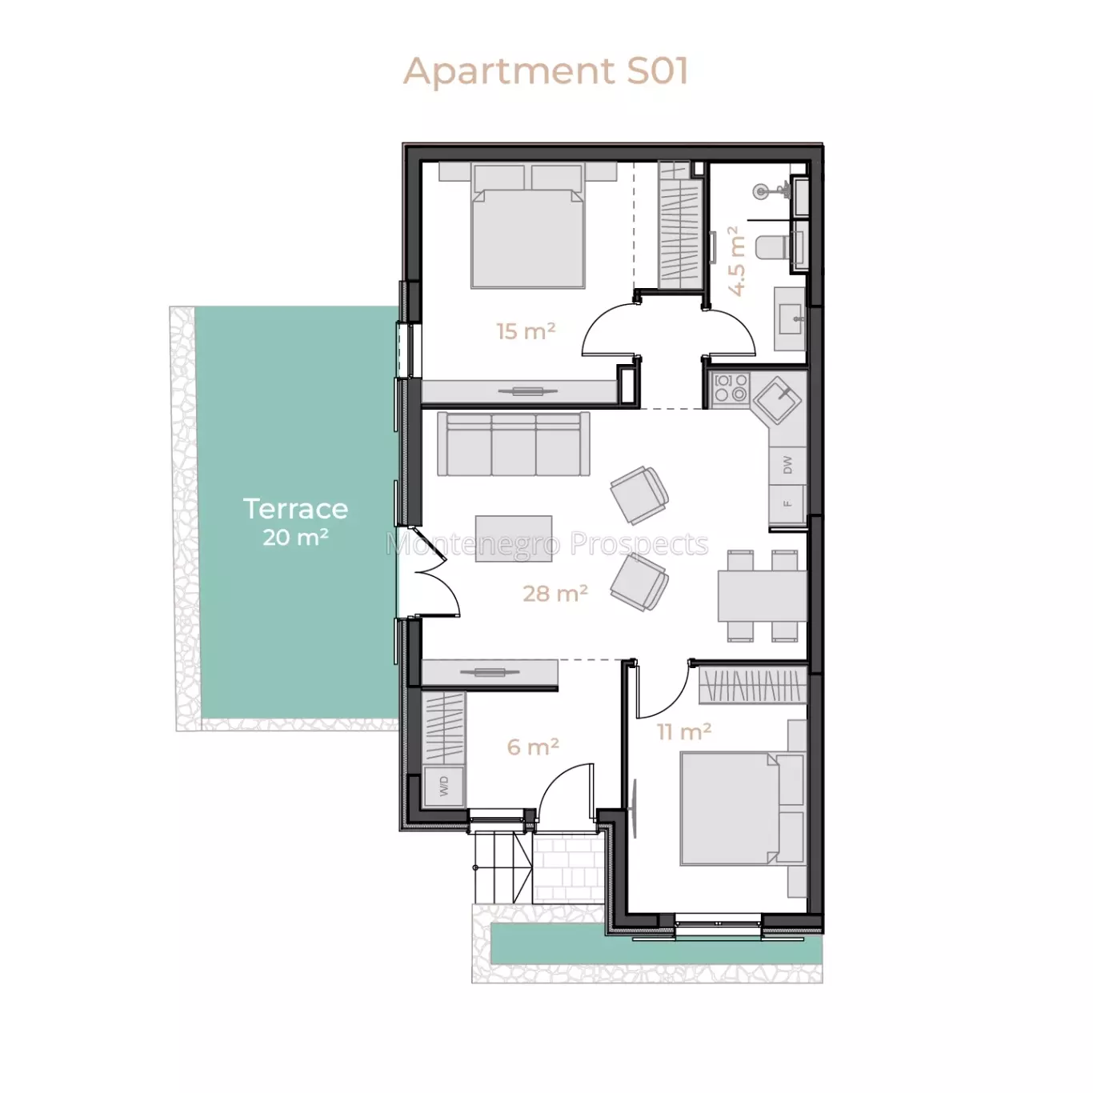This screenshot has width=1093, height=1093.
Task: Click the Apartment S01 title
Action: click(x=546, y=71)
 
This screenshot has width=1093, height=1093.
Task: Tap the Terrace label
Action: click(x=295, y=509)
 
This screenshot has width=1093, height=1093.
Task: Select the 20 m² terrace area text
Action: click(x=295, y=537)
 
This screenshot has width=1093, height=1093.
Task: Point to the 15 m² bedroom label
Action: click(x=526, y=330)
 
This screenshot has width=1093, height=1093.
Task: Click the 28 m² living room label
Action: click(x=555, y=593)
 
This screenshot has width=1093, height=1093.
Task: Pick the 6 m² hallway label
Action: click(x=533, y=747)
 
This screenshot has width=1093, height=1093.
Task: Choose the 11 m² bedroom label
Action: click(x=684, y=731)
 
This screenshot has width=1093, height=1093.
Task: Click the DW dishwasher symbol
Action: click(x=787, y=465)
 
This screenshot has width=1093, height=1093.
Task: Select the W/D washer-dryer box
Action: click(x=444, y=786)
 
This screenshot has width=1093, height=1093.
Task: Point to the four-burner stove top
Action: click(x=731, y=388)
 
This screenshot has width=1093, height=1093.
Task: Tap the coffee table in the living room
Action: click(x=514, y=538)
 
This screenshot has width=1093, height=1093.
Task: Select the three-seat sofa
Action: click(x=514, y=444)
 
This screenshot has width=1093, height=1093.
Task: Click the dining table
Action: click(x=762, y=596)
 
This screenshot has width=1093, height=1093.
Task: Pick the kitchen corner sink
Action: click(x=778, y=399)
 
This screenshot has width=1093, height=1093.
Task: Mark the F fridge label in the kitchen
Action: click(x=787, y=503)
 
